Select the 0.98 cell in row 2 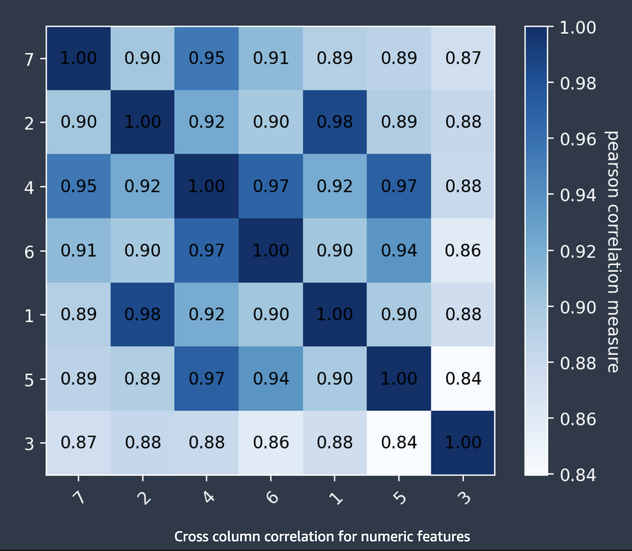[335, 122]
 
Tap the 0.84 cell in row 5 [463, 378]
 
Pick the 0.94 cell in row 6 [399, 250]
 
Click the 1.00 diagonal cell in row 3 [463, 442]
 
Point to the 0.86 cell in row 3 [271, 442]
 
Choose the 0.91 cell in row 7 [271, 58]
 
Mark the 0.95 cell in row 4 [79, 186]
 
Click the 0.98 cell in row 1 [142, 315]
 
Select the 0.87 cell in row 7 [463, 58]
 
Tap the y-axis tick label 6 [30, 252]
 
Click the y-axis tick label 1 [30, 316]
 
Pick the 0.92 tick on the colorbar [577, 251]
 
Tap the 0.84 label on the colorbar [577, 475]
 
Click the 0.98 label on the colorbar [577, 83]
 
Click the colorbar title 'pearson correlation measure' [612, 251]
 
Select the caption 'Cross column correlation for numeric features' [322, 536]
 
